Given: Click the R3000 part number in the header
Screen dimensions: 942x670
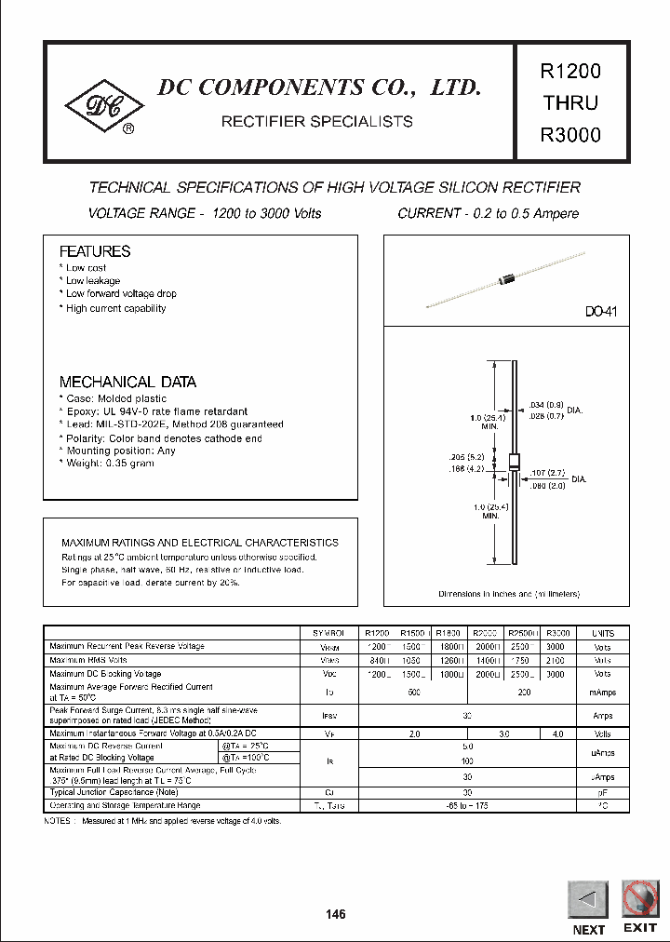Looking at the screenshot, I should point(569,134).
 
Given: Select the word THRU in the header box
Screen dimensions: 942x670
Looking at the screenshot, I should point(569,102).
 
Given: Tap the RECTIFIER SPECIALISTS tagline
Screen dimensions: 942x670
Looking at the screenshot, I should point(315,121).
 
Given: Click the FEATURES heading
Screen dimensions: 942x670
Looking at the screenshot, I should point(95,251).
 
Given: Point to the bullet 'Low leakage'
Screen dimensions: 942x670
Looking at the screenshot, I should point(92,280).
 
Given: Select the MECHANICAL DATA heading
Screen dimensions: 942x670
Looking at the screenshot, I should point(127,382).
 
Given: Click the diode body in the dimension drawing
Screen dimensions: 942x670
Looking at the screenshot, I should point(513,464).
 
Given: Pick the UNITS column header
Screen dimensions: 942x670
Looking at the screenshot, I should point(602,633).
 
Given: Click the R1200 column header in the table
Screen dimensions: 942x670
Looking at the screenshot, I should point(378,633).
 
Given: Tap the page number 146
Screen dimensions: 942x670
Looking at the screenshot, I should point(336,914).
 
